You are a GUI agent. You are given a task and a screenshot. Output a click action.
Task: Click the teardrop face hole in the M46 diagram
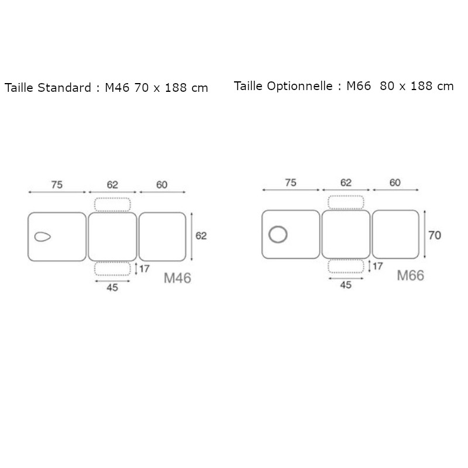[43, 237]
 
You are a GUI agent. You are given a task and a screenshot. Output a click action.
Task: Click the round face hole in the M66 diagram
[278, 235]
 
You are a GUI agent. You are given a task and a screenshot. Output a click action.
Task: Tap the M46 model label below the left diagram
[177, 278]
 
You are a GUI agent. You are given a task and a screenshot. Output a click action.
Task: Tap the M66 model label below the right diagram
[410, 276]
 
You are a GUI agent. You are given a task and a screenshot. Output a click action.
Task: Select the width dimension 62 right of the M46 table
[201, 236]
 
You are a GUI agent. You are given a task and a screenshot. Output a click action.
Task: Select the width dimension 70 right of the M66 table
[435, 235]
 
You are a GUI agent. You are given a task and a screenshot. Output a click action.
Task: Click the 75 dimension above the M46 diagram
[57, 185]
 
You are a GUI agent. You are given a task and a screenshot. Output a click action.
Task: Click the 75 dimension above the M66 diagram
[290, 183]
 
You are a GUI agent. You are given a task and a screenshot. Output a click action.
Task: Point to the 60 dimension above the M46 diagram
[162, 185]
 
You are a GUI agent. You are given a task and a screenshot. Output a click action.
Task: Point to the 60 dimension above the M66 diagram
[395, 183]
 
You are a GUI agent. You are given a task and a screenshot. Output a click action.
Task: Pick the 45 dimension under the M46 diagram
[112, 288]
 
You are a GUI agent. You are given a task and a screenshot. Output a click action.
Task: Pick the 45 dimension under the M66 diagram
[346, 285]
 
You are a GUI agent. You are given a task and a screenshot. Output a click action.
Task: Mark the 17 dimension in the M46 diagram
[144, 269]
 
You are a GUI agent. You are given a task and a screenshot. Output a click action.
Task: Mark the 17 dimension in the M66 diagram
[377, 267]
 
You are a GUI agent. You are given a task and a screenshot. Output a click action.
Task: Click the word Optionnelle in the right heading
[302, 87]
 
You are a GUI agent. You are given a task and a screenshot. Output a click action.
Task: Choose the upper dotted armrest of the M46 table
[112, 204]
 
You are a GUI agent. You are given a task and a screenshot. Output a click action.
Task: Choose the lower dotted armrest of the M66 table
[346, 266]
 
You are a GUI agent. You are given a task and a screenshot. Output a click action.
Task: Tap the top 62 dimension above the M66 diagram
[346, 183]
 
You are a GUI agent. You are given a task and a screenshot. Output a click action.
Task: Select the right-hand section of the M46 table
[162, 236]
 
